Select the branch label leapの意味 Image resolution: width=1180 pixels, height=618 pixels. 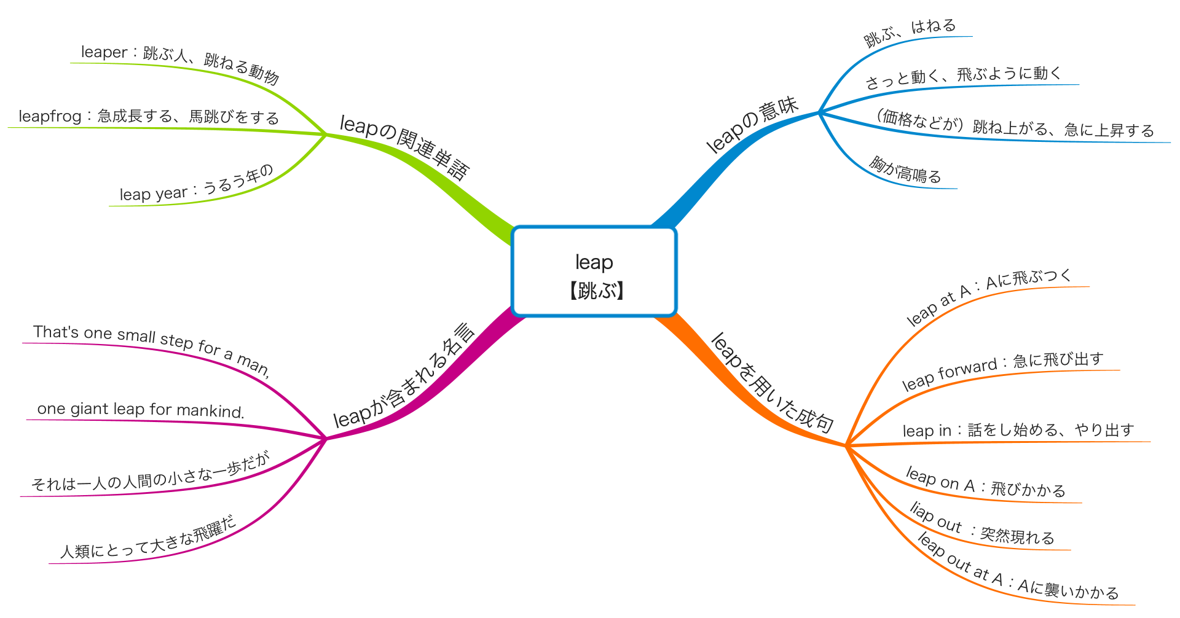pos(752,124)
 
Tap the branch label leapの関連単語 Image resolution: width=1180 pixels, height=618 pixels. pos(404,146)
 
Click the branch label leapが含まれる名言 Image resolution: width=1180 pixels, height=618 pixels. pos(404,376)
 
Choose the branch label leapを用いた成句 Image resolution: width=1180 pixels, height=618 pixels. pos(772,383)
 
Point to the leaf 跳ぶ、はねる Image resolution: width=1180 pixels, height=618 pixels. pos(910,32)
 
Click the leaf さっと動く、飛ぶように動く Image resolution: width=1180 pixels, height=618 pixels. pos(964,77)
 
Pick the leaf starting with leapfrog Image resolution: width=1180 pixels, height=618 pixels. pos(149,116)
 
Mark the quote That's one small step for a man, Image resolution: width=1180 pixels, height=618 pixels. pos(152,347)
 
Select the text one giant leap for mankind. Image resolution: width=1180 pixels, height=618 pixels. pos(141,410)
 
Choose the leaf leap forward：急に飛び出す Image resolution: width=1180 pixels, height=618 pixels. pos(1002,370)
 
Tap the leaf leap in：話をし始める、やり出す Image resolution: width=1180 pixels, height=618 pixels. pos(1018,430)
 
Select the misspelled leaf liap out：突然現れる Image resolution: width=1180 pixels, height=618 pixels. pos(981,526)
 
